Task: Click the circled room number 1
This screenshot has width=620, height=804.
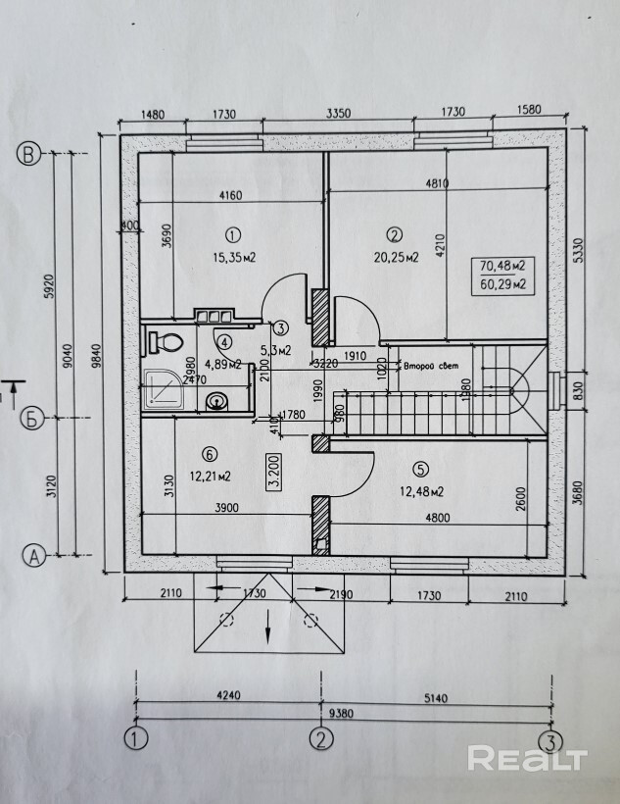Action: click(x=232, y=235)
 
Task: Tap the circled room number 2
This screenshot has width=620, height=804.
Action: click(x=395, y=234)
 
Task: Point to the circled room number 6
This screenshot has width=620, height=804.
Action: click(x=208, y=453)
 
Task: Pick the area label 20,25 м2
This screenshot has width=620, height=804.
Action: click(x=396, y=258)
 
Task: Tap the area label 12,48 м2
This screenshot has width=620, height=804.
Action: click(x=423, y=491)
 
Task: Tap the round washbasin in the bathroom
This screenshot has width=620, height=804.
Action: click(x=216, y=400)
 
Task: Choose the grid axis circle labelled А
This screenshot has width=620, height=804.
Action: click(x=33, y=556)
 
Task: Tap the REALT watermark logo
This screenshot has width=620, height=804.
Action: click(x=526, y=757)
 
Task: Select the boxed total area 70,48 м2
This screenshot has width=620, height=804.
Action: click(x=503, y=266)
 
